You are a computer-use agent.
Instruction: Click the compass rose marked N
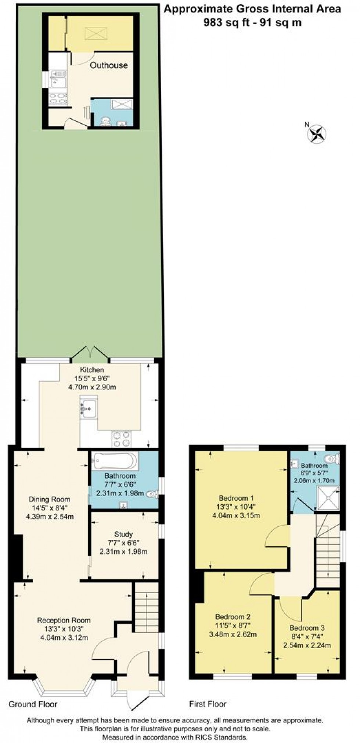point(317,133)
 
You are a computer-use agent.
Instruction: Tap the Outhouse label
point(109,65)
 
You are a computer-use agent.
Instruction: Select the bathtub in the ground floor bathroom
point(115,461)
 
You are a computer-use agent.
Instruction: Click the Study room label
point(123,534)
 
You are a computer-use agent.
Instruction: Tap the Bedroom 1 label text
point(236,498)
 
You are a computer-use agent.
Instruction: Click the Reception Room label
point(64,620)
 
